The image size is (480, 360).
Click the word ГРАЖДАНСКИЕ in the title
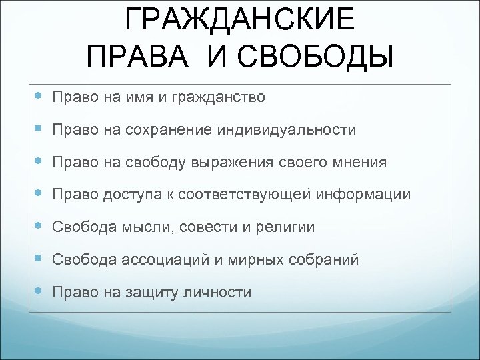pos(240,20)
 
